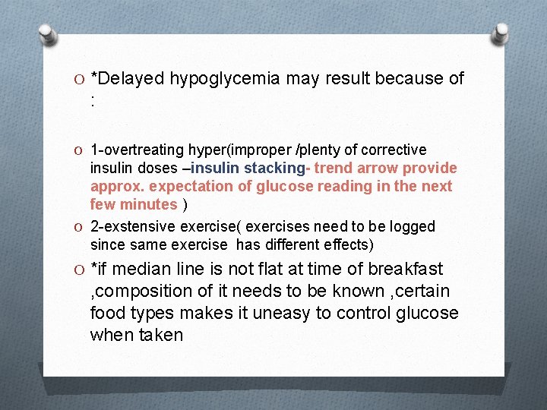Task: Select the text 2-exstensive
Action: pos(129,226)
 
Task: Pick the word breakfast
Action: pos(409,270)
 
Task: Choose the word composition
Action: pos(143,292)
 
